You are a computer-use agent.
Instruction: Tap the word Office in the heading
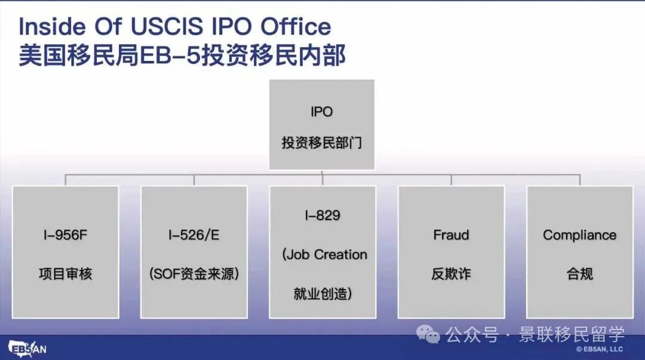296,27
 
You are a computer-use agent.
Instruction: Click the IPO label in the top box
321,112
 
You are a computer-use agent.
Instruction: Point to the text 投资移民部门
321,144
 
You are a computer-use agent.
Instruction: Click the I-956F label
66,235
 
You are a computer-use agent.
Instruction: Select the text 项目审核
66,274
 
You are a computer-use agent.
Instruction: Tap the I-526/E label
193,235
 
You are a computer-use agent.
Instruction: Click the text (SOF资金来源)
193,274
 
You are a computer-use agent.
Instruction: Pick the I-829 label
322,216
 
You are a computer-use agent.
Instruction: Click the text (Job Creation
324,254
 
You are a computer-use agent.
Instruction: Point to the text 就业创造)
322,294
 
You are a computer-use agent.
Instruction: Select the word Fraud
451,235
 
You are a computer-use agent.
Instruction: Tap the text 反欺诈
451,274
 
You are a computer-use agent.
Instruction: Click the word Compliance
579,235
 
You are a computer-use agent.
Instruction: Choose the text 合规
579,274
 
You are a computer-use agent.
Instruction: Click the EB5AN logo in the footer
26,348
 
